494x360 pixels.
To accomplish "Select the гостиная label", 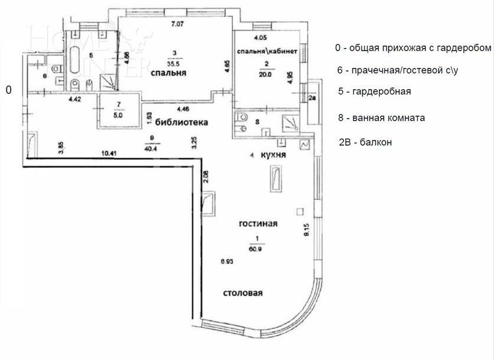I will click(x=258, y=224).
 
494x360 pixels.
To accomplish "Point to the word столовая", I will click(x=243, y=293).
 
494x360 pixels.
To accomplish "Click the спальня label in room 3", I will click(x=168, y=74).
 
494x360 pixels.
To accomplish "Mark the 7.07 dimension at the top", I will click(x=177, y=24).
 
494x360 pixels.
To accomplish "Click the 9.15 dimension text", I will click(x=307, y=229).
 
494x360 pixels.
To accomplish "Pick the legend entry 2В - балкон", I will click(x=365, y=142).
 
